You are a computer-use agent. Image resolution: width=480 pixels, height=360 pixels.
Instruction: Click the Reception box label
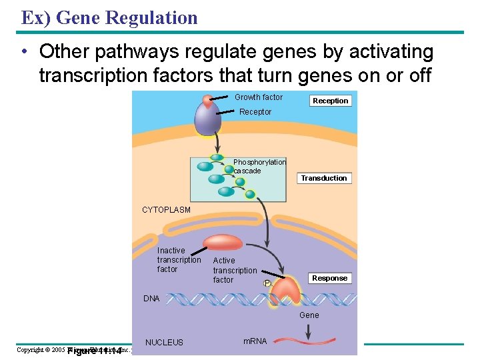point(330,101)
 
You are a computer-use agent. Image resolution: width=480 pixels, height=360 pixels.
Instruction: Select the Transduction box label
point(324,178)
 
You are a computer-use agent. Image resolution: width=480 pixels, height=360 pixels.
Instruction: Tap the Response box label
point(329,278)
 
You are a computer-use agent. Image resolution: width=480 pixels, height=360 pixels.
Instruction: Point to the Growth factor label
point(259,97)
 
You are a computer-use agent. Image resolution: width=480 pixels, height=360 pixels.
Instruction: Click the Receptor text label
point(255,112)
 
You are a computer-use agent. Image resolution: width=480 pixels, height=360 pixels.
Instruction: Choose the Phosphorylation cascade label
point(259,166)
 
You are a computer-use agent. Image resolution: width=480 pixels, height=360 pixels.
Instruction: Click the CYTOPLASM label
point(166,209)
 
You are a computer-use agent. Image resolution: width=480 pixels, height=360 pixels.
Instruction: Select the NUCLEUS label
point(164,343)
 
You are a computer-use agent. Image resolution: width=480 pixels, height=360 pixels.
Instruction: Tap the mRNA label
point(255,341)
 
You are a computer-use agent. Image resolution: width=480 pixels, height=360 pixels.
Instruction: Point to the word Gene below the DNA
point(309,315)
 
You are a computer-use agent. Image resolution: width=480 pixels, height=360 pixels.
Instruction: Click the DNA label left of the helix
point(151,299)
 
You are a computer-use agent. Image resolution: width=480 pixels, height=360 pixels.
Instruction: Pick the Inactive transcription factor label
point(179,260)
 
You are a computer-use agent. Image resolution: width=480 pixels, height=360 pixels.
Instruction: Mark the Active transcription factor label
point(235,270)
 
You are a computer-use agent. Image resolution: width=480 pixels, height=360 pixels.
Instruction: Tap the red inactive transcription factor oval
point(223,243)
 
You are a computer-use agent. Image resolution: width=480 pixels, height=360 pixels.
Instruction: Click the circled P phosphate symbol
point(268,283)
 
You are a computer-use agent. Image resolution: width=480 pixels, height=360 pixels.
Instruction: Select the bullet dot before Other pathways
point(23,52)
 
